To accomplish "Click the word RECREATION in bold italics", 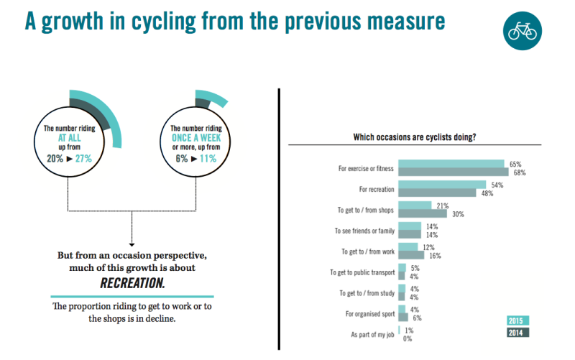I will click(132, 282).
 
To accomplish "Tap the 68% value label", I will click(520, 172).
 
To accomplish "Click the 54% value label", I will click(497, 185).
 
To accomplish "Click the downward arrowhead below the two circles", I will click(132, 243).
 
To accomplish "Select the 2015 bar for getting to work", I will click(408, 247).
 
